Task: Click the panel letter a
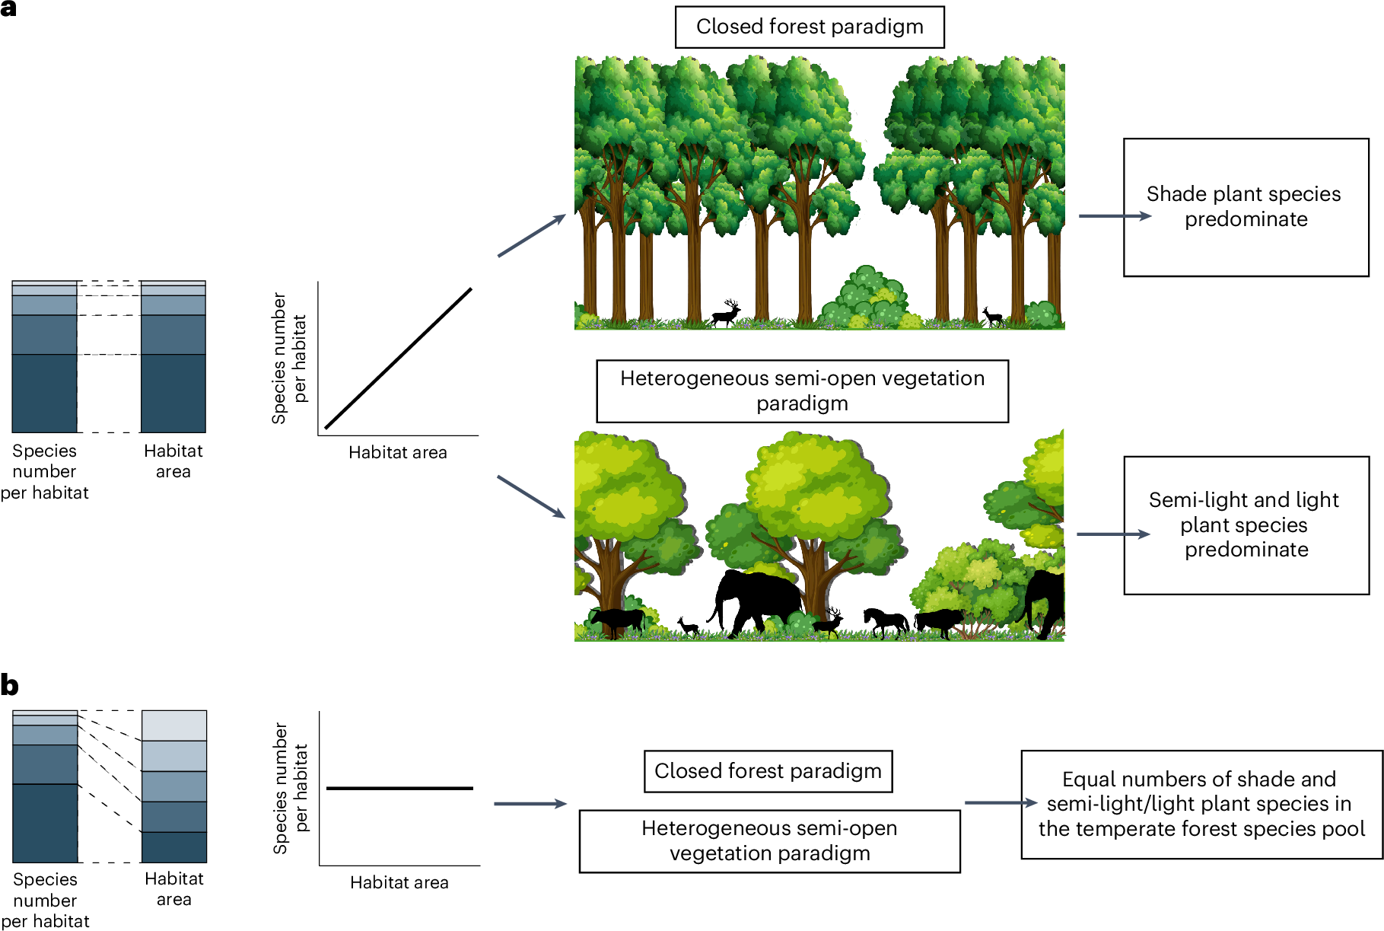8,9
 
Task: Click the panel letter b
9,685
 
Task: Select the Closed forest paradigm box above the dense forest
810,27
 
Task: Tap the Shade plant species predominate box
1246,207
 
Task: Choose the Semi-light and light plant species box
1246,525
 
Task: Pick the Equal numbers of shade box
1201,804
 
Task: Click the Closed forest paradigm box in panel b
768,771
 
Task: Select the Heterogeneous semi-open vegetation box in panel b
769,840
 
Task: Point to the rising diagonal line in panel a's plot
398,359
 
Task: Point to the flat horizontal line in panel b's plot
399,788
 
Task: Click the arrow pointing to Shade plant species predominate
1115,216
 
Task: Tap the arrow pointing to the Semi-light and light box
1113,534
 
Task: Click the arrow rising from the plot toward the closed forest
532,236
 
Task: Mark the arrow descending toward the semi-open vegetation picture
531,497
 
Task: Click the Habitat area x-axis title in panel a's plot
398,453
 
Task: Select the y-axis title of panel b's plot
291,788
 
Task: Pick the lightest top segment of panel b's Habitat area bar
174,725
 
